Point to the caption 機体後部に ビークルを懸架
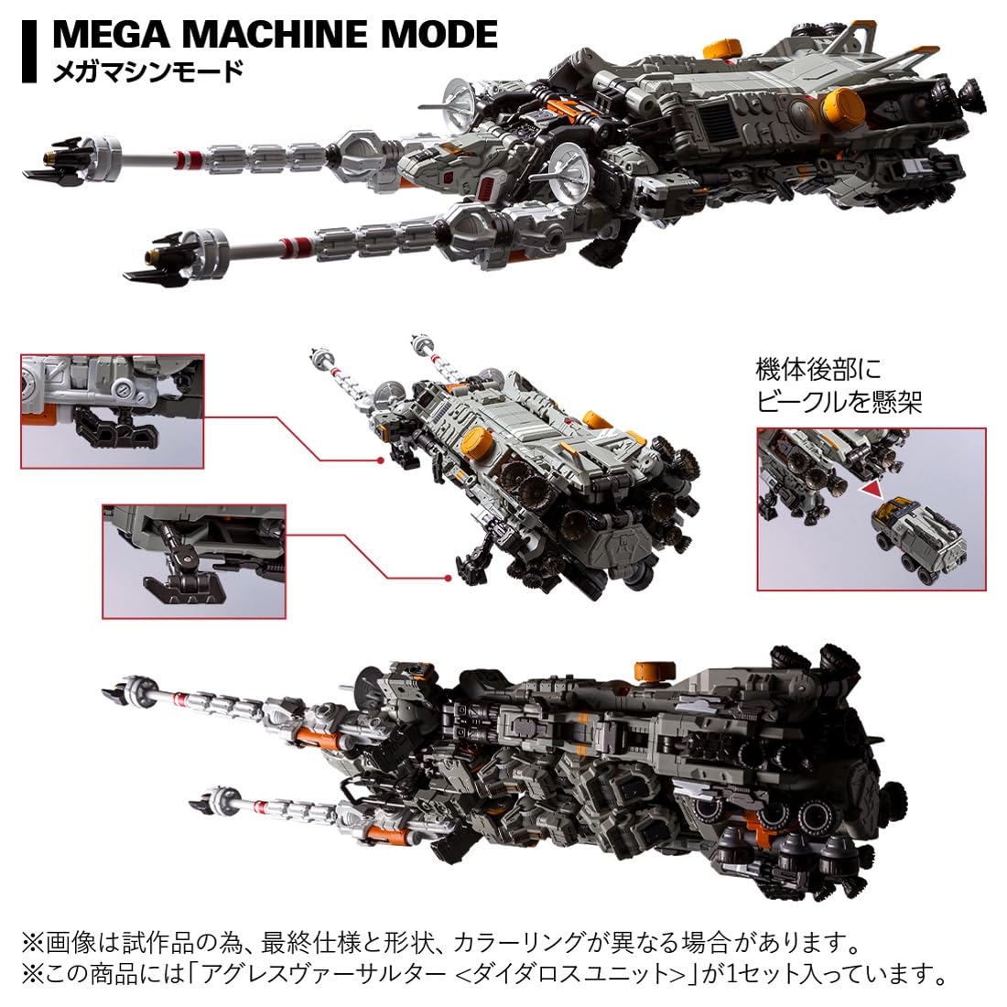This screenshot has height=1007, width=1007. tap(839, 385)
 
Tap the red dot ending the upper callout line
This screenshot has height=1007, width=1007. tap(378, 460)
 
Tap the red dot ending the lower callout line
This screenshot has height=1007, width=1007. tap(448, 578)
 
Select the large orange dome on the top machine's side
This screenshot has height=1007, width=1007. tap(843, 107)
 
